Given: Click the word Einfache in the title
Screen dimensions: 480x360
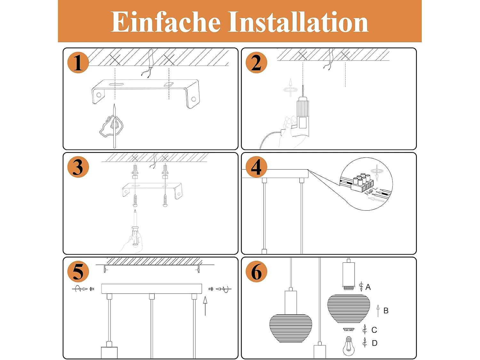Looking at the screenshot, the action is pyautogui.click(x=165, y=22).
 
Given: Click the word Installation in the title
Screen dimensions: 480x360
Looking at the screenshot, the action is pyautogui.click(x=298, y=22).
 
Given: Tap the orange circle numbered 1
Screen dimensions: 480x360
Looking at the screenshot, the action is pyautogui.click(x=78, y=62).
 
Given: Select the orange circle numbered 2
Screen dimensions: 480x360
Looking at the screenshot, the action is pyautogui.click(x=256, y=62).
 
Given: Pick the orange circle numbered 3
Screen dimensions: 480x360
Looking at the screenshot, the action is pyautogui.click(x=78, y=167).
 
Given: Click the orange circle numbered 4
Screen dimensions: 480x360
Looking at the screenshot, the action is pyautogui.click(x=256, y=167).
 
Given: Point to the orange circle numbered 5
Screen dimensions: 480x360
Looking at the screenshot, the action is pyautogui.click(x=78, y=271).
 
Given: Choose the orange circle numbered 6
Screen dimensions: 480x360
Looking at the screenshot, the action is pyautogui.click(x=256, y=271).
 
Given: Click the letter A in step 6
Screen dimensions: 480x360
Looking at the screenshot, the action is pyautogui.click(x=368, y=287).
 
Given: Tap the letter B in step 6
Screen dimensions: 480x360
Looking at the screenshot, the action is pyautogui.click(x=386, y=311).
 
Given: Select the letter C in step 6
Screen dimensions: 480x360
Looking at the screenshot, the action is pyautogui.click(x=374, y=330).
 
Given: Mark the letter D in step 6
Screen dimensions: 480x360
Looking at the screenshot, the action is pyautogui.click(x=375, y=343).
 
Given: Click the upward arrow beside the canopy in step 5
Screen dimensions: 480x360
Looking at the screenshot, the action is pyautogui.click(x=205, y=306).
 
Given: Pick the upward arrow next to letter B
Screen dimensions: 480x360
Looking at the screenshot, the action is pyautogui.click(x=378, y=311).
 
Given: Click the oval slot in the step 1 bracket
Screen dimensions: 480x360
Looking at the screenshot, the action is pyautogui.click(x=116, y=84).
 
